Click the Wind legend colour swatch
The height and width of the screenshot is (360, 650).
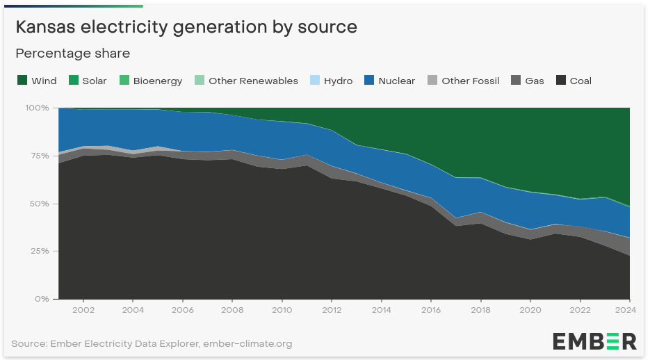(x=22, y=81)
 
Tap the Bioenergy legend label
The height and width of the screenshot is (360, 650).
(x=157, y=81)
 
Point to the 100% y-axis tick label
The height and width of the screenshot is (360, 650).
(x=37, y=108)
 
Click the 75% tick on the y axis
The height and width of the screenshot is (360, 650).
(x=39, y=156)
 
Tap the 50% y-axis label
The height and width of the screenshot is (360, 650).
(x=39, y=204)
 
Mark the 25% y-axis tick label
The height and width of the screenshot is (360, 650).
(x=39, y=251)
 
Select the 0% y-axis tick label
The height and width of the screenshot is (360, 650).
(x=42, y=299)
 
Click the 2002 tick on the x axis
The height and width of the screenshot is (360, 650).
(x=83, y=310)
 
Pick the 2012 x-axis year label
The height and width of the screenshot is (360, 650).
(x=332, y=310)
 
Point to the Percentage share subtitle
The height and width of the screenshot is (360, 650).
(x=73, y=54)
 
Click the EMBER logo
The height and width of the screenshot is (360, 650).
(x=594, y=341)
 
